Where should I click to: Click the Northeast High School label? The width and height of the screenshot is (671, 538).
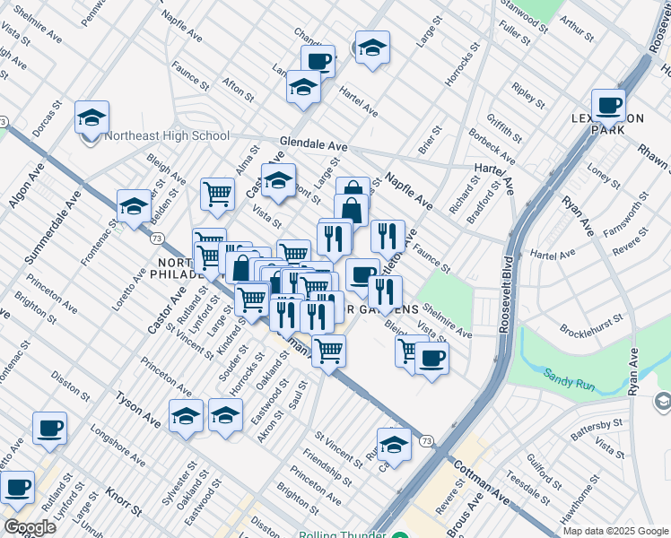coord(167,136)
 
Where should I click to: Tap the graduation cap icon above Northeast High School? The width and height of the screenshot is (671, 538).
coord(91,117)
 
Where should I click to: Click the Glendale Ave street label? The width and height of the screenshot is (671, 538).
coord(313,144)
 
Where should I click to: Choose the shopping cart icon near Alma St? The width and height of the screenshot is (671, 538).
coord(217,194)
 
